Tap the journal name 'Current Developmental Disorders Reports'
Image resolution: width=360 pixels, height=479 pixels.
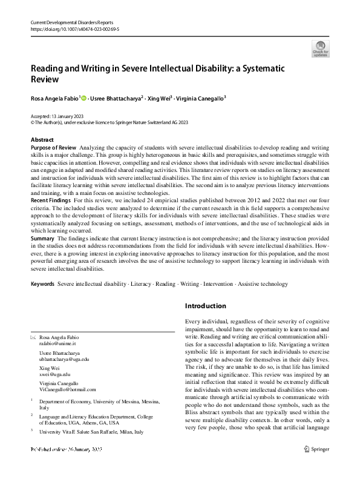tap(72, 21)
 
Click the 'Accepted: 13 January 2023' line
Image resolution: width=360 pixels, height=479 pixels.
tap(57, 116)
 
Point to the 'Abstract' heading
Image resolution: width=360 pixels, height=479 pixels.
tap(42, 140)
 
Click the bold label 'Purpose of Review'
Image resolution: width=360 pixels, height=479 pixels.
tap(53, 147)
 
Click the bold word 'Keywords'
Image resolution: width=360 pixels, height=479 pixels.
tap(42, 283)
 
